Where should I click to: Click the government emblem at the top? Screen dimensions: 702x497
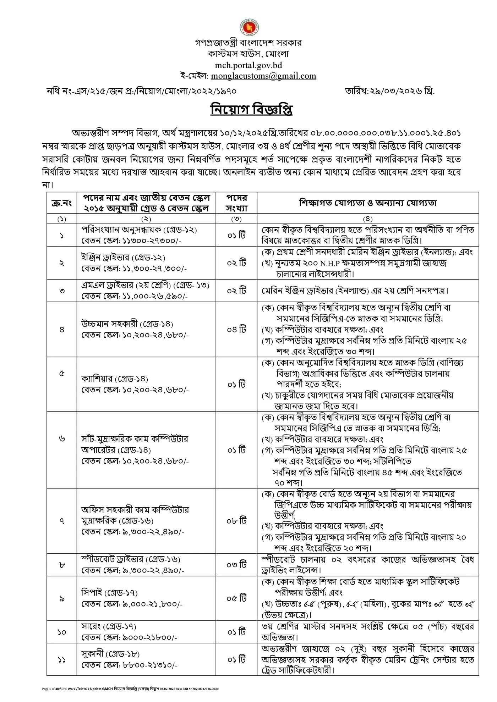[x=248, y=28]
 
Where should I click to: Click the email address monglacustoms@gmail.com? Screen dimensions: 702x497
[x=263, y=76]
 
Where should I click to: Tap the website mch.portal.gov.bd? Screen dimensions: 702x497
[x=248, y=65]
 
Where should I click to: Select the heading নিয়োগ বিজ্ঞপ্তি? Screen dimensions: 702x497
[x=251, y=110]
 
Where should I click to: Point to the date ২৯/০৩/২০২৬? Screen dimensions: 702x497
[x=390, y=91]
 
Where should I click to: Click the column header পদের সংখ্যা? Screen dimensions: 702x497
[x=236, y=203]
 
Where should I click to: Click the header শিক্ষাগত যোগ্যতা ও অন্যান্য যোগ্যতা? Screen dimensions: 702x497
[x=368, y=203]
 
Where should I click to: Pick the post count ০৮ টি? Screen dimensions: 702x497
[x=236, y=521]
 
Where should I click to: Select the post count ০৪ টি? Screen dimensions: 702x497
[x=236, y=330]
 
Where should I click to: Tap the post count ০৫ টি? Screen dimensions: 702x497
[x=236, y=598]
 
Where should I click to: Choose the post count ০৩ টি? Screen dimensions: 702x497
[x=236, y=564]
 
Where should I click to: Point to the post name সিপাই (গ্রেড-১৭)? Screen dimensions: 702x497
[x=109, y=592]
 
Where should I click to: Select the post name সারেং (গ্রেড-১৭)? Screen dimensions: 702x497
[x=109, y=626]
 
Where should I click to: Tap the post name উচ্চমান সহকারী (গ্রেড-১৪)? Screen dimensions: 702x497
[x=127, y=324]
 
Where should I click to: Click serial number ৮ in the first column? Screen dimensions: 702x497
[x=62, y=565]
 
